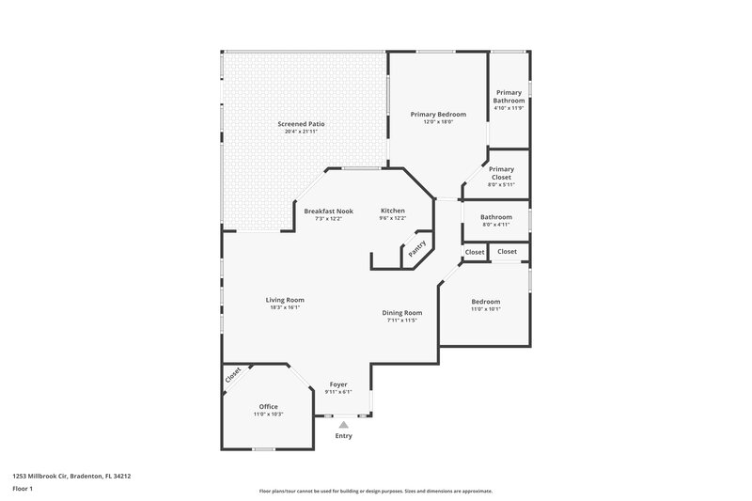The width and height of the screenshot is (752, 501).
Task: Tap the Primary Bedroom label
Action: click(x=438, y=114)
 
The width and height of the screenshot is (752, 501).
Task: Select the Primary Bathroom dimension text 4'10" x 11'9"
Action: click(x=509, y=108)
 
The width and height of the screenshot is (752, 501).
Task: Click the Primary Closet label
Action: click(x=501, y=173)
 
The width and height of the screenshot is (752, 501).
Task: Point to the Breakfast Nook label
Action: click(x=328, y=211)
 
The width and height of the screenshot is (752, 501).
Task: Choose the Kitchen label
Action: click(x=393, y=211)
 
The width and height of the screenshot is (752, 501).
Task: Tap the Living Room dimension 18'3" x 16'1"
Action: click(x=285, y=307)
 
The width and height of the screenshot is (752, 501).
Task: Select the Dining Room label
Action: click(x=401, y=312)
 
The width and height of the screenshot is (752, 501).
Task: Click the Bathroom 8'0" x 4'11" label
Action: click(x=496, y=217)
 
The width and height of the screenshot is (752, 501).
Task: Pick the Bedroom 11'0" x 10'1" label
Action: click(x=486, y=302)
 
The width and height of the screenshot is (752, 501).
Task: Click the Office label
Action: click(x=269, y=406)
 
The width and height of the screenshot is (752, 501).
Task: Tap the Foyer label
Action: click(x=338, y=384)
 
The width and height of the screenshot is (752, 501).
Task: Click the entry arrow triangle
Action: click(x=344, y=425)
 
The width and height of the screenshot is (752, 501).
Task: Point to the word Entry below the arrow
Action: click(x=344, y=436)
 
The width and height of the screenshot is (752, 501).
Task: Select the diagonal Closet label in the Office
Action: click(x=232, y=373)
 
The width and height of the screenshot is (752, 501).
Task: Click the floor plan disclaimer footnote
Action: click(x=375, y=491)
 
